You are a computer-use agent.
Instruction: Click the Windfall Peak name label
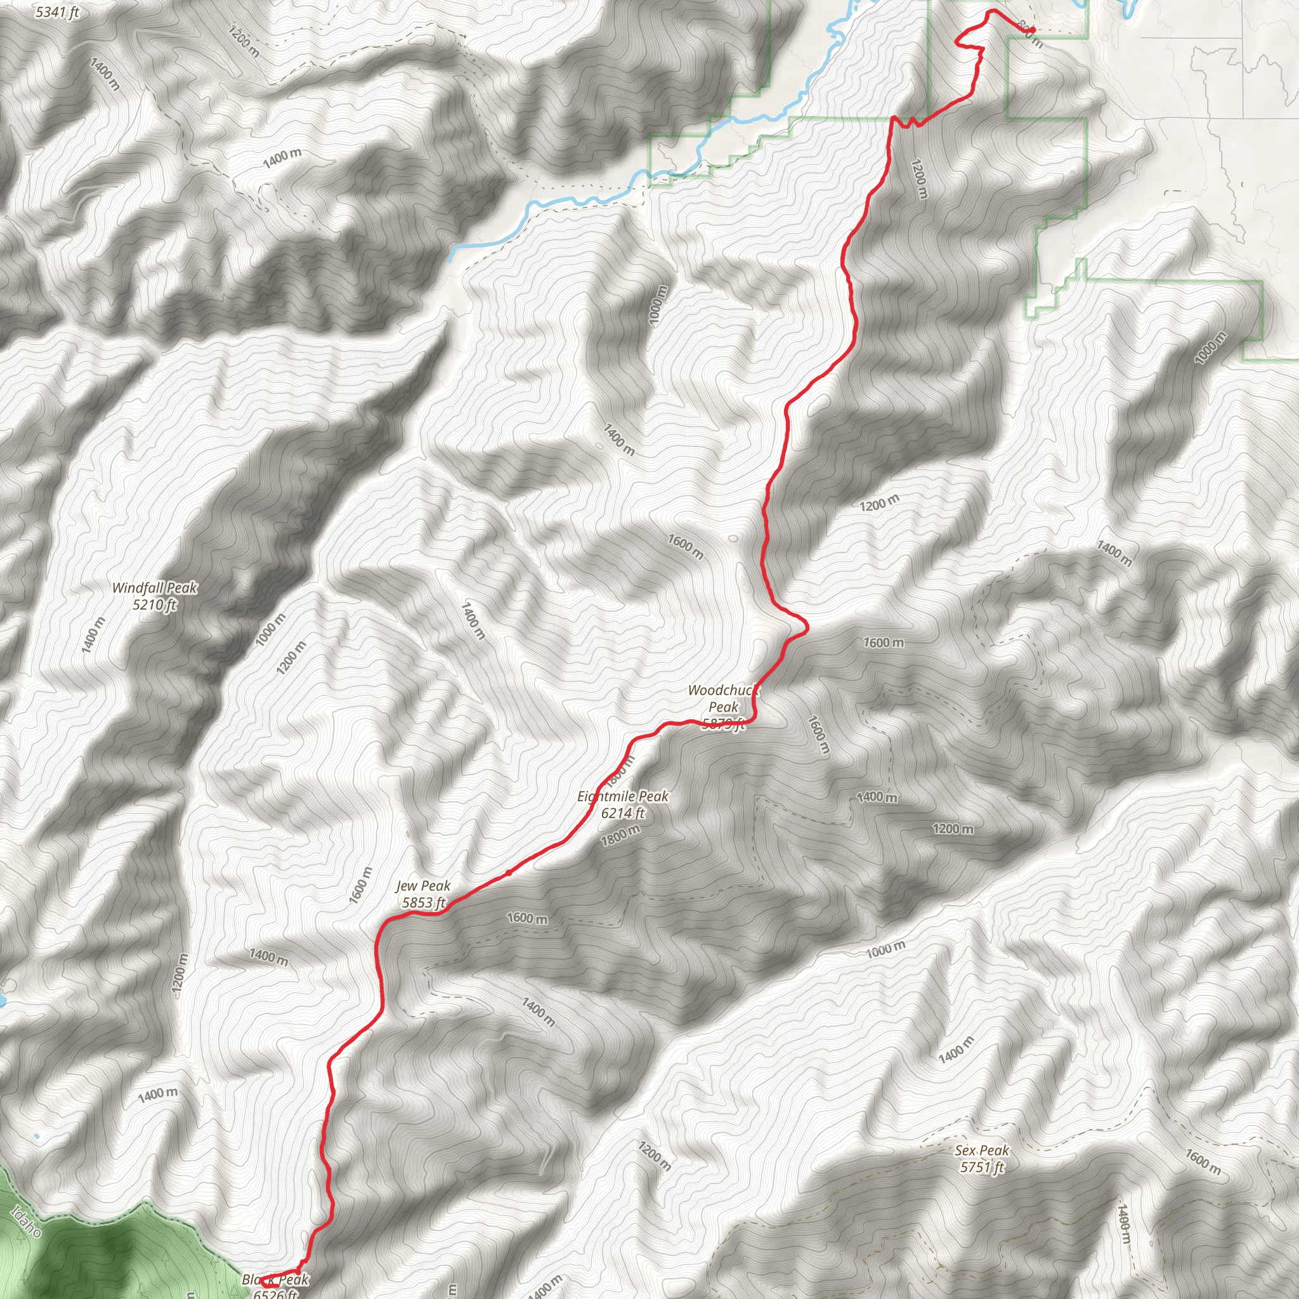click(x=155, y=587)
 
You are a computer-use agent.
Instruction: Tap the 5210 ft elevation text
click(x=155, y=604)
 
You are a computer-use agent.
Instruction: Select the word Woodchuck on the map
click(x=723, y=690)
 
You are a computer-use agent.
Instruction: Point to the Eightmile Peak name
click(x=623, y=796)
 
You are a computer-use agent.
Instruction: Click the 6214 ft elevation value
click(x=623, y=813)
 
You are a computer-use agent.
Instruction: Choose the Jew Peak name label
click(x=423, y=886)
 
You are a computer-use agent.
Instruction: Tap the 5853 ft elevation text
click(x=424, y=903)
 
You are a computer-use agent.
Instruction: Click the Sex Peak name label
click(x=982, y=1151)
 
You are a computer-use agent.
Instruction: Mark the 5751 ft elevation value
click(x=982, y=1167)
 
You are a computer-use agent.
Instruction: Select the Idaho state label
click(x=26, y=1221)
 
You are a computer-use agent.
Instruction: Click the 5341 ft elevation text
click(x=57, y=12)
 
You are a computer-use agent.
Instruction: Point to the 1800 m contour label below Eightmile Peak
click(x=620, y=836)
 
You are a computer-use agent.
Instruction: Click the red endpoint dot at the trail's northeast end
click(x=1031, y=30)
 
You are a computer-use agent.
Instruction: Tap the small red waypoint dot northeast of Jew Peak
click(x=509, y=873)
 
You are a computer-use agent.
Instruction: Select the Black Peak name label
click(x=276, y=1279)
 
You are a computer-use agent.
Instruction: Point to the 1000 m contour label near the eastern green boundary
click(x=1210, y=348)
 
